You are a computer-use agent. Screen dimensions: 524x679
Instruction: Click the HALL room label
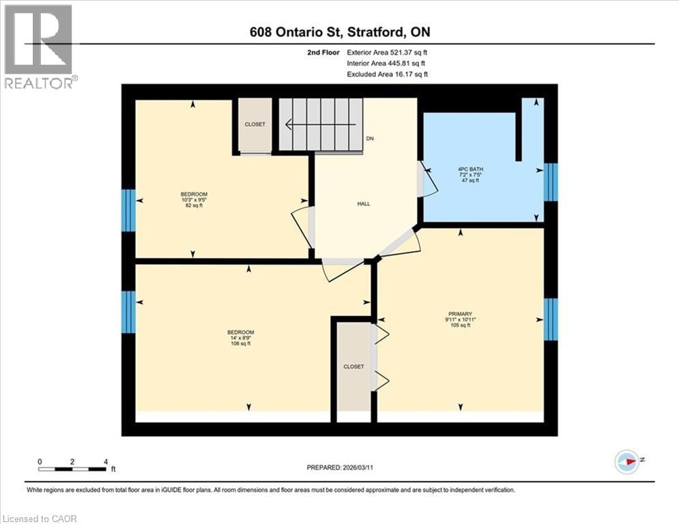pos(364,204)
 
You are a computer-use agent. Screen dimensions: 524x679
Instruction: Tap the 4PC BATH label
pos(469,169)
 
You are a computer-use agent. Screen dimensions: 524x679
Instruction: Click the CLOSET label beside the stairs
pos(255,124)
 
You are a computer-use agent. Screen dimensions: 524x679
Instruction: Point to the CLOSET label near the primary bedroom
pos(353,366)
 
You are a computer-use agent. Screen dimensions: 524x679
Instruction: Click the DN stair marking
pos(371,139)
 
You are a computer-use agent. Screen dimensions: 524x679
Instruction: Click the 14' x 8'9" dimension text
pos(240,338)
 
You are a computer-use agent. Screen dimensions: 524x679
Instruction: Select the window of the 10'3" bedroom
pos(128,210)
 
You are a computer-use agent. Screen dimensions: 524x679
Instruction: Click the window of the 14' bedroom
pos(128,312)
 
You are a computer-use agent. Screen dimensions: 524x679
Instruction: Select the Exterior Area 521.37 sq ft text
pos(388,52)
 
